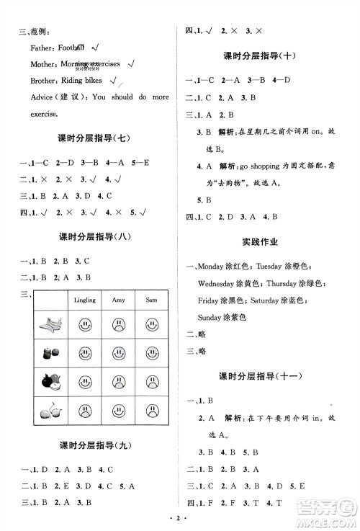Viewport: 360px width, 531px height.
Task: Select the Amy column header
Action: tap(118, 299)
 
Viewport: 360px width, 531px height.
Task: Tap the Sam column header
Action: tap(152, 299)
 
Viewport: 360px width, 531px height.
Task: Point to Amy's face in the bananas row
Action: tap(118, 323)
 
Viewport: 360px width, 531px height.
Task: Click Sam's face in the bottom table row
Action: tap(152, 410)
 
